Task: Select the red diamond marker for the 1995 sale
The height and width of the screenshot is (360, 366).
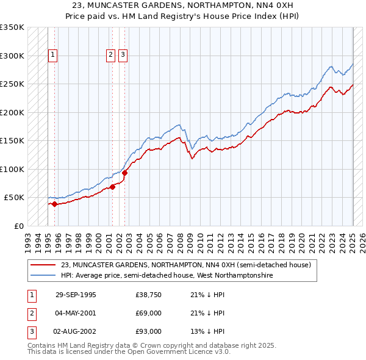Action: point(55,204)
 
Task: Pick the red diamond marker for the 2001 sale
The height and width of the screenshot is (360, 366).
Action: point(112,187)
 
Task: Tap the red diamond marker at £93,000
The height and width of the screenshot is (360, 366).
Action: point(125,173)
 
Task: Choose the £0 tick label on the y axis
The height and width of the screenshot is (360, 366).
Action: point(18,226)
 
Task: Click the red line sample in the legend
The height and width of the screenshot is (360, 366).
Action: point(43,265)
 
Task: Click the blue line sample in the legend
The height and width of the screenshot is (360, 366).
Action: point(43,275)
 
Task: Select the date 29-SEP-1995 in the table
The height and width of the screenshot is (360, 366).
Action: point(76,295)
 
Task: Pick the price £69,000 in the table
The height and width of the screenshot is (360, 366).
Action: point(149,313)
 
